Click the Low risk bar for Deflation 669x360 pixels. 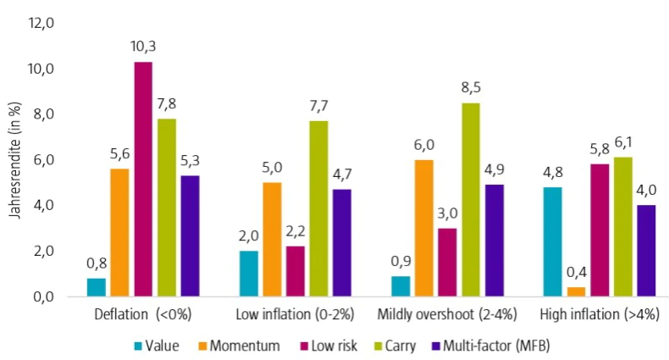pyautogui.click(x=143, y=180)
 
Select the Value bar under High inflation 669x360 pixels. pyautogui.click(x=552, y=242)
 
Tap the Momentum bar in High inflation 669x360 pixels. pyautogui.click(x=576, y=292)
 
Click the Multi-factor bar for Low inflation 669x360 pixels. pyautogui.click(x=342, y=243)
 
